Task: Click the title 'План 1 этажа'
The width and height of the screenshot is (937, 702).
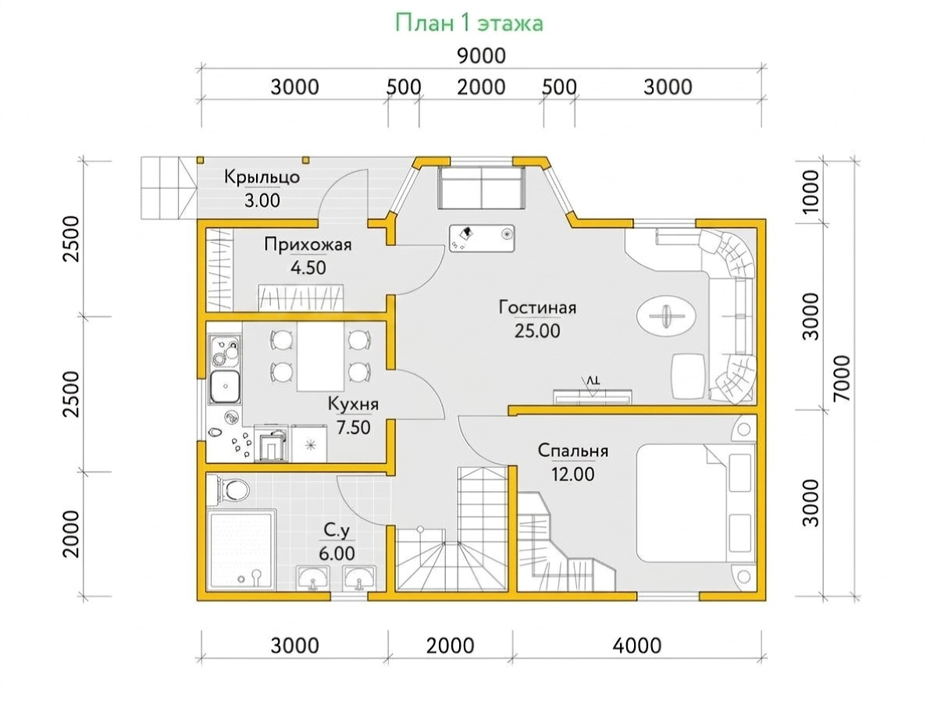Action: [x=468, y=23]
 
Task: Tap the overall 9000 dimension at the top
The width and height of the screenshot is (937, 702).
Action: [x=481, y=55]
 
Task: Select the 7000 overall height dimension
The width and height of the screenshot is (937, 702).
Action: [x=843, y=378]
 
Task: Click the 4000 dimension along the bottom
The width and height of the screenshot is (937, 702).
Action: [x=637, y=646]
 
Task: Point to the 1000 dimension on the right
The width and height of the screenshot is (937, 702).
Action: [x=811, y=192]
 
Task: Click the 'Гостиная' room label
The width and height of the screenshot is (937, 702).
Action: [x=537, y=307]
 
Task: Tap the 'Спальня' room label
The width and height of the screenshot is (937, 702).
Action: [x=572, y=451]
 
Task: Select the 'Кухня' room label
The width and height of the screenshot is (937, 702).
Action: [x=353, y=404]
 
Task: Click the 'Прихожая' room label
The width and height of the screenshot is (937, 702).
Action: [x=308, y=244]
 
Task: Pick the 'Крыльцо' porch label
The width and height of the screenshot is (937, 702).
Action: [x=262, y=176]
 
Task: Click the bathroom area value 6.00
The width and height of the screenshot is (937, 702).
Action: [x=337, y=554]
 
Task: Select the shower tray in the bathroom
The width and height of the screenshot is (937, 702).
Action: [x=241, y=550]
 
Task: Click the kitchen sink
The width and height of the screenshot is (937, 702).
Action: [x=224, y=387]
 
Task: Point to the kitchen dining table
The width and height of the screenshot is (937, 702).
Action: [x=320, y=357]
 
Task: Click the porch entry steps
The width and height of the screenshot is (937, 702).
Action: [x=169, y=187]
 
